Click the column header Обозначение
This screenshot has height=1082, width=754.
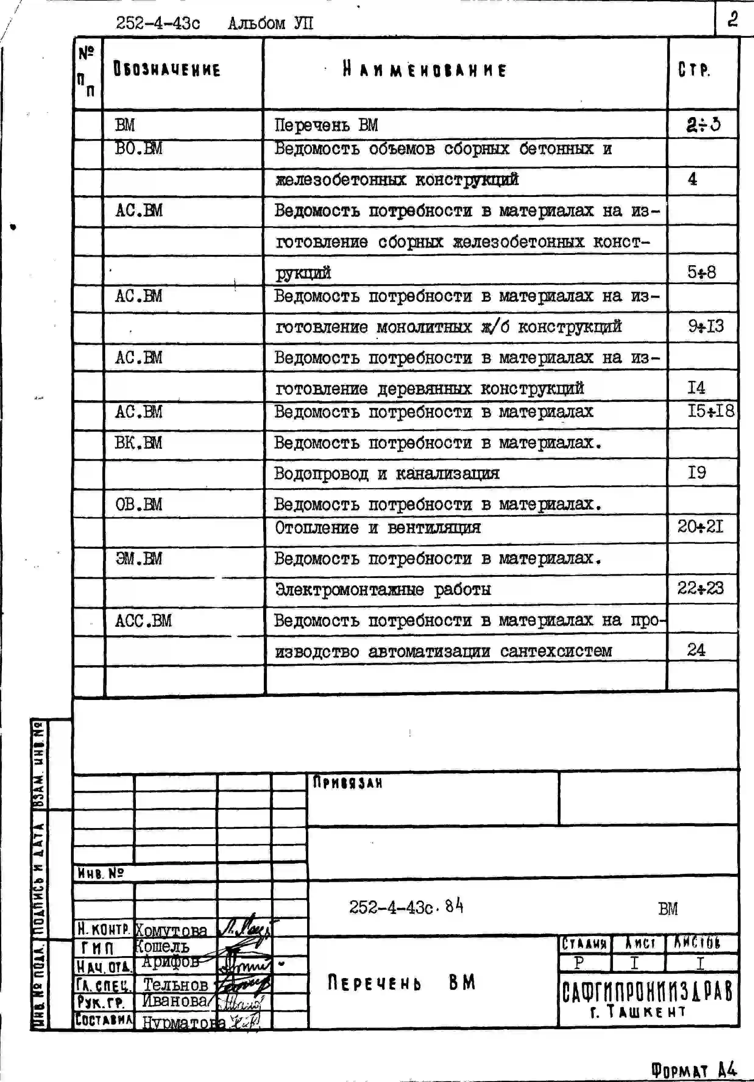167,70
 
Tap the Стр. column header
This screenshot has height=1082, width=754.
693,70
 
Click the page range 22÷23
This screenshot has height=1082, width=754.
700,588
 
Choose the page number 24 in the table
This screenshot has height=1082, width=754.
696,650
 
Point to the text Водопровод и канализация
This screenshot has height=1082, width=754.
386,473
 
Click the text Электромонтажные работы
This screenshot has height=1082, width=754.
382,589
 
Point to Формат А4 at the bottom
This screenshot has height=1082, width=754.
693,1070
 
